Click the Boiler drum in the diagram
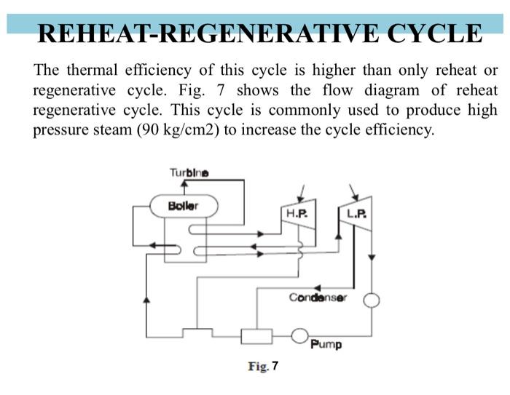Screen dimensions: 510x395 (183, 205)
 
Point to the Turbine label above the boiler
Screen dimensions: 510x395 (187, 173)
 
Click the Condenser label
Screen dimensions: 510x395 (318, 298)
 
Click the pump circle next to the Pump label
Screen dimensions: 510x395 (299, 335)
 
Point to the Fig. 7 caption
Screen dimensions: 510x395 (263, 366)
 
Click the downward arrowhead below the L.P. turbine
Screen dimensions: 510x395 (371, 258)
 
